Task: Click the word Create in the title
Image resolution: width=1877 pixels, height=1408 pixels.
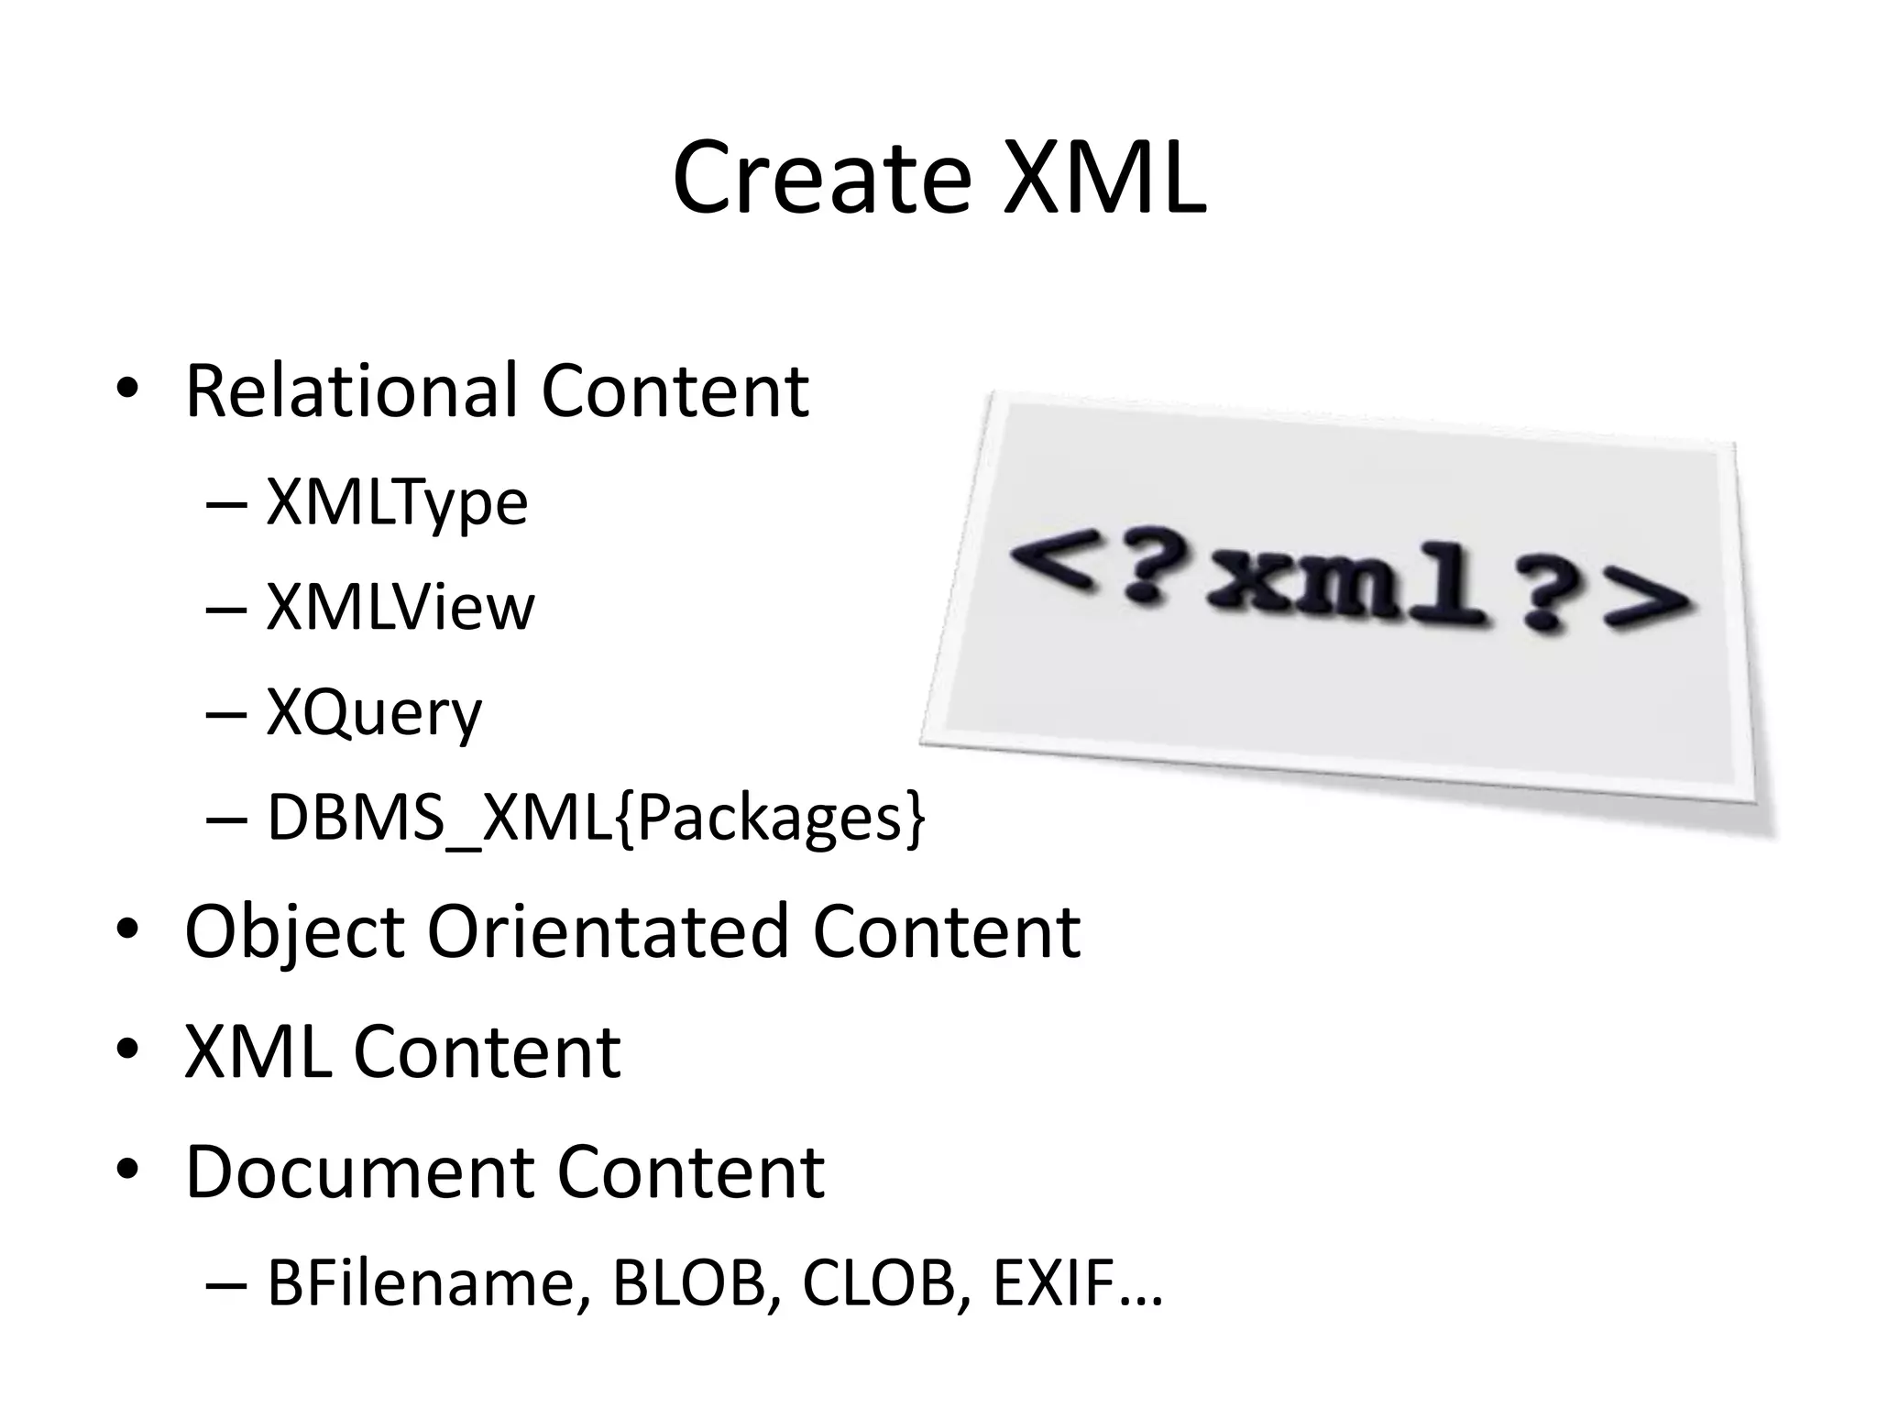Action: [821, 179]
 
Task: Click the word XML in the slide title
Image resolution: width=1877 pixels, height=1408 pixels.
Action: [1103, 179]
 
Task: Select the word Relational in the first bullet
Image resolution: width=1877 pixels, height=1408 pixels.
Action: [350, 391]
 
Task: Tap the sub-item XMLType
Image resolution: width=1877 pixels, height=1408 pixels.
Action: [397, 503]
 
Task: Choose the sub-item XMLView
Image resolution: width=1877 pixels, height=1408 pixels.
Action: [400, 608]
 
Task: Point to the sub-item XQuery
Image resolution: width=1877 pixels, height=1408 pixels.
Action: [374, 714]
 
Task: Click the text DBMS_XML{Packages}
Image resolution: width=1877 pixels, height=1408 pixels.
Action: [596, 819]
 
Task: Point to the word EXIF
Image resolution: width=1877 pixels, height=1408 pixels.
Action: [1054, 1283]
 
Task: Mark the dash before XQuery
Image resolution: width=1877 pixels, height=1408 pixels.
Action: [226, 714]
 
